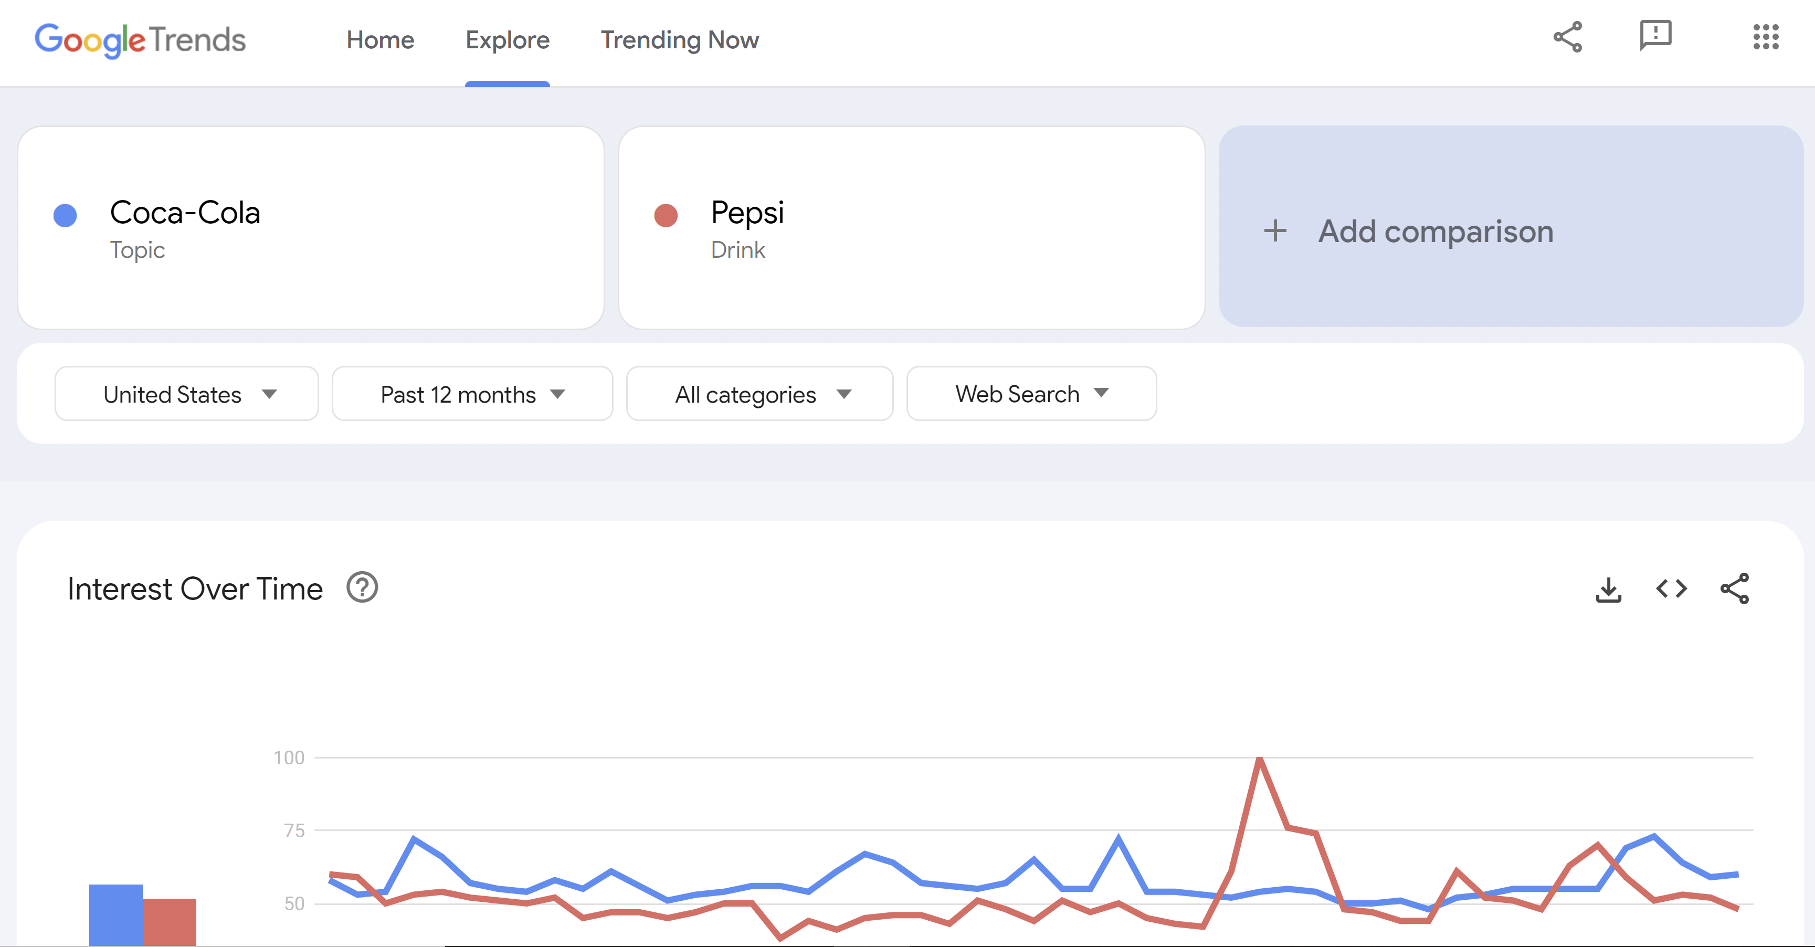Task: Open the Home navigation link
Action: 380,40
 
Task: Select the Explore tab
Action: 508,40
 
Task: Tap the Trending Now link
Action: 679,40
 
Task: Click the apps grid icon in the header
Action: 1766,37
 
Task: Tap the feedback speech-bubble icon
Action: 1655,35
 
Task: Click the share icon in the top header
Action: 1568,37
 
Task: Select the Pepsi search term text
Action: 747,213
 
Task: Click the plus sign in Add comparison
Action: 1274,231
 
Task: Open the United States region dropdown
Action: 187,394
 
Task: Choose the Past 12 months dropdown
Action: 472,394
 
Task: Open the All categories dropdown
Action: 759,394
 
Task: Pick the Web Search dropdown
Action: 1031,394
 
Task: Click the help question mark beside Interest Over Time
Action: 362,587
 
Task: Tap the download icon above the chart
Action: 1608,590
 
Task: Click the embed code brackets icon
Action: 1671,588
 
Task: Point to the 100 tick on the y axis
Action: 289,758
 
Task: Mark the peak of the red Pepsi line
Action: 1259,760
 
